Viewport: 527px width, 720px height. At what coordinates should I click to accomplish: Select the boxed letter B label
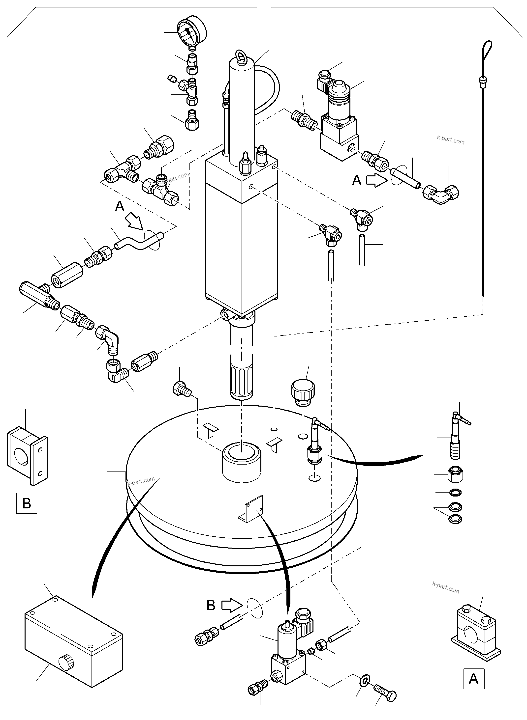pyautogui.click(x=27, y=503)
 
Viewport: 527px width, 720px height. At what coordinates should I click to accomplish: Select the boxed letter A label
pyautogui.click(x=473, y=679)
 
